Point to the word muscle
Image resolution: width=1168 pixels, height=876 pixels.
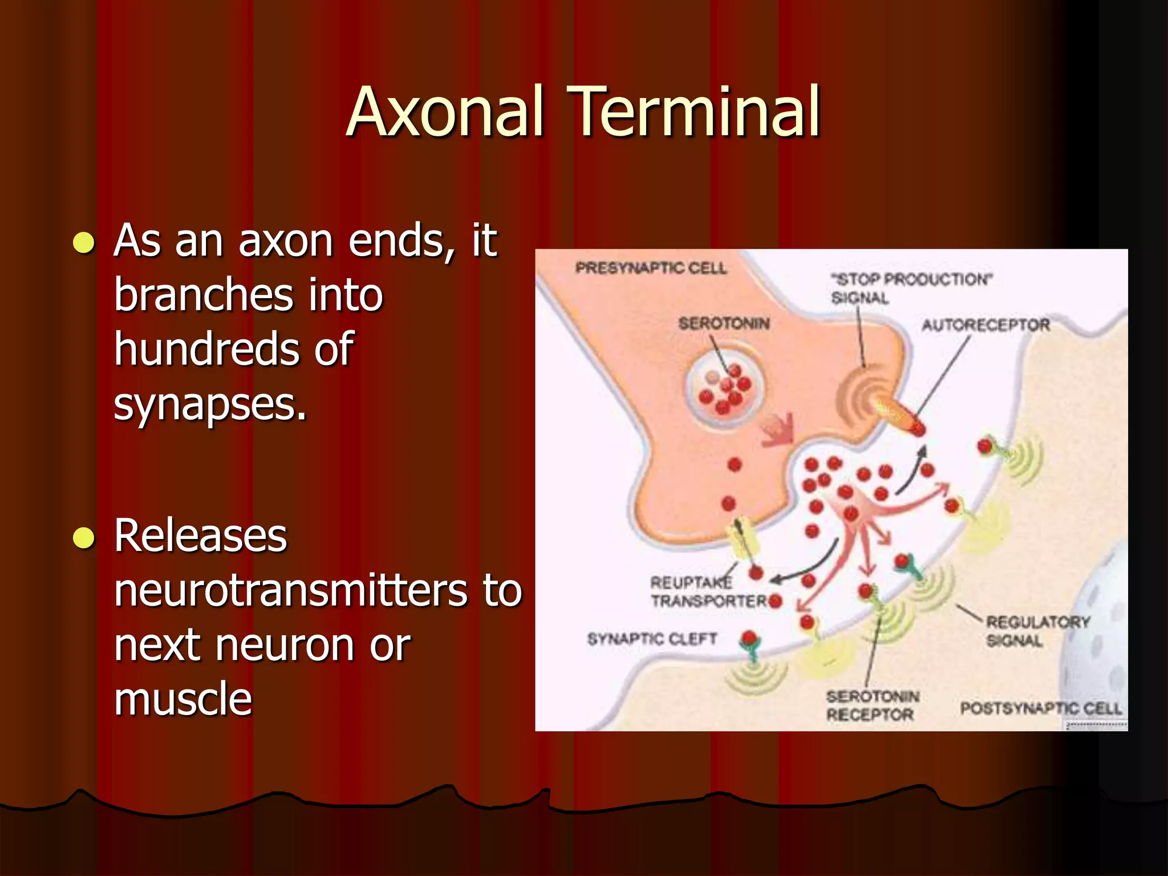point(182,699)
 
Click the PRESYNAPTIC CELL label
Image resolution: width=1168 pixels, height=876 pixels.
point(650,268)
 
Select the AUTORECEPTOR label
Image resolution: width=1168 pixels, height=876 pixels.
point(985,325)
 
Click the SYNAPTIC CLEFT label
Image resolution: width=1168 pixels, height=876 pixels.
point(652,639)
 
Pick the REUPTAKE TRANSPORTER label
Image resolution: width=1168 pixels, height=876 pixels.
point(707,592)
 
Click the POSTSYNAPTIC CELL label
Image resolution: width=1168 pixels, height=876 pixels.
point(1040,708)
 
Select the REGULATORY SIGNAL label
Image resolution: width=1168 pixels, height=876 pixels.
point(1037,631)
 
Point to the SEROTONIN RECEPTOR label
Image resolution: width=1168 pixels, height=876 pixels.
point(871,705)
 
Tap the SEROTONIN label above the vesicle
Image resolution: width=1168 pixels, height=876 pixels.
point(723,324)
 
